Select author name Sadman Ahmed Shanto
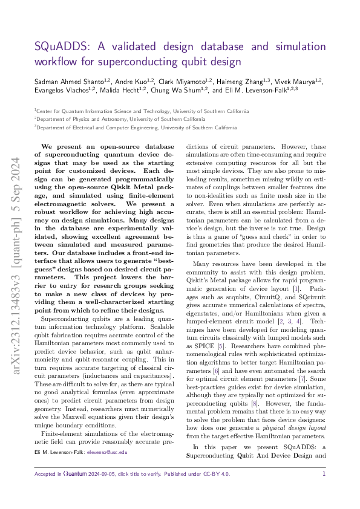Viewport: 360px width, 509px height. tap(67, 80)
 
